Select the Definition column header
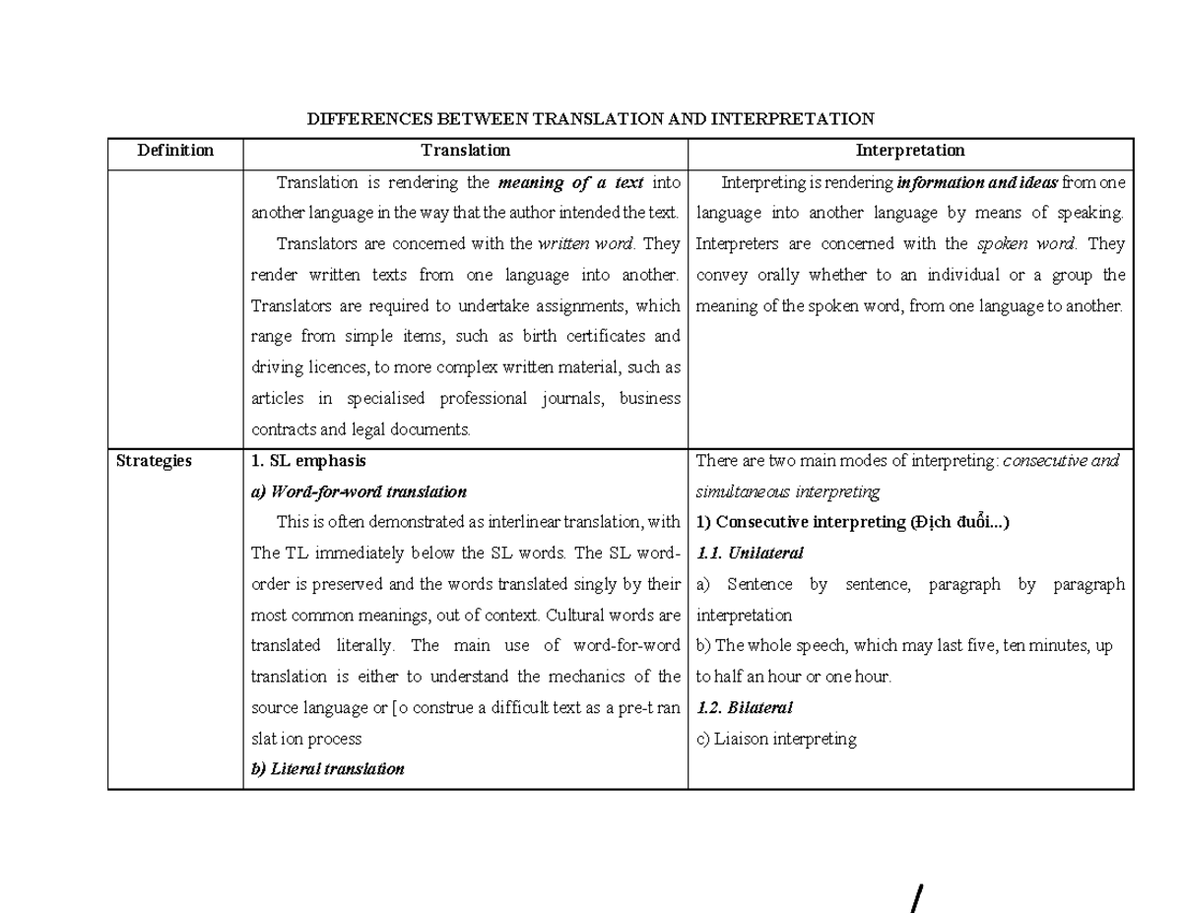(x=175, y=151)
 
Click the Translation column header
(x=465, y=151)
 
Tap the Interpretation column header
(x=910, y=151)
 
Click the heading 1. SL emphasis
(x=308, y=460)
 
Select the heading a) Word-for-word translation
(x=359, y=491)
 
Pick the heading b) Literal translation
(x=327, y=769)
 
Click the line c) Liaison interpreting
(x=776, y=739)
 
